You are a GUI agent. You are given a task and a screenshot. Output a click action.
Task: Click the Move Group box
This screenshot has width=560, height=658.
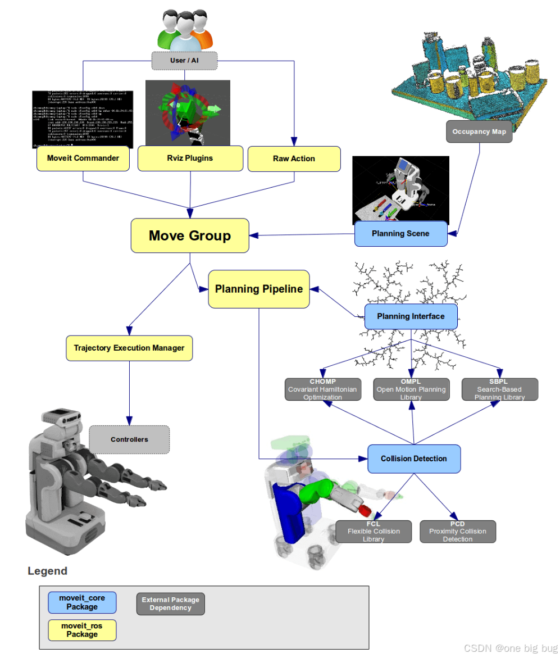(x=190, y=235)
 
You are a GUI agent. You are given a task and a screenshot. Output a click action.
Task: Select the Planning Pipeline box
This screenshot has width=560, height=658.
(x=259, y=289)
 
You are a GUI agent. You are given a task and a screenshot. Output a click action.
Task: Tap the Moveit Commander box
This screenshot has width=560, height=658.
(x=83, y=158)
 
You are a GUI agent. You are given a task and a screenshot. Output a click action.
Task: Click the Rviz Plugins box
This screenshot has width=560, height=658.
(x=190, y=158)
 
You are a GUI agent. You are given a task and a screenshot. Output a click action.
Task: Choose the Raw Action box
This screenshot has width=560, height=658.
(x=294, y=159)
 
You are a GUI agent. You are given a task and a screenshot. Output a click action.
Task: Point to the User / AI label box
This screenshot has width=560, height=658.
(x=184, y=60)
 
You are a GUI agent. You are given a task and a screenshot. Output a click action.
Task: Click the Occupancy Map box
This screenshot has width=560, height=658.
(x=479, y=132)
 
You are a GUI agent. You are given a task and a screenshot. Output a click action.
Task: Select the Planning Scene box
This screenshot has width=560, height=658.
(x=400, y=234)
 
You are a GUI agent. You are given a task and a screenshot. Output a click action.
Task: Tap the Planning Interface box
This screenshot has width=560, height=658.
(x=411, y=316)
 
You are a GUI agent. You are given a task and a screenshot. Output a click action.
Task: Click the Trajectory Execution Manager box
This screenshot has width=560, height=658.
(x=129, y=348)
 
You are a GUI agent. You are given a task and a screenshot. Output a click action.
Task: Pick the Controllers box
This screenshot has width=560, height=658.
(x=129, y=439)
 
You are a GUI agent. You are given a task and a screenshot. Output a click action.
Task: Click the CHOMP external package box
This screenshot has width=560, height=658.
(x=322, y=389)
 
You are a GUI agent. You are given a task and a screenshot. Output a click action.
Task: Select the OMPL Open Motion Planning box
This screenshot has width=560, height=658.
(x=411, y=389)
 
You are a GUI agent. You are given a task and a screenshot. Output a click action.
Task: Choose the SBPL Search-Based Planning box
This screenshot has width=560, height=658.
(x=499, y=389)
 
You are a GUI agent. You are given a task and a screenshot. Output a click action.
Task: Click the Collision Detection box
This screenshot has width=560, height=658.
(x=414, y=459)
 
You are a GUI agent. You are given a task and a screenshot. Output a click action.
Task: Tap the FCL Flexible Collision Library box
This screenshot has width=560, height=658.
(x=374, y=532)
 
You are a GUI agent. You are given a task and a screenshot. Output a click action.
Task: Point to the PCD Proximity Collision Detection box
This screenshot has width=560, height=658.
(x=458, y=532)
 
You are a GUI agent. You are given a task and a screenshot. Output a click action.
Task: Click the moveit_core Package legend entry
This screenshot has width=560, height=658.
(x=82, y=602)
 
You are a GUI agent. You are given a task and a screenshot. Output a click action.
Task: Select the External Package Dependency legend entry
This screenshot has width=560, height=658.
(x=171, y=604)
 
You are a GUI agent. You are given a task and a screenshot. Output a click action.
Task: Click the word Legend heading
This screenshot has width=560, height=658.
(x=47, y=571)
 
